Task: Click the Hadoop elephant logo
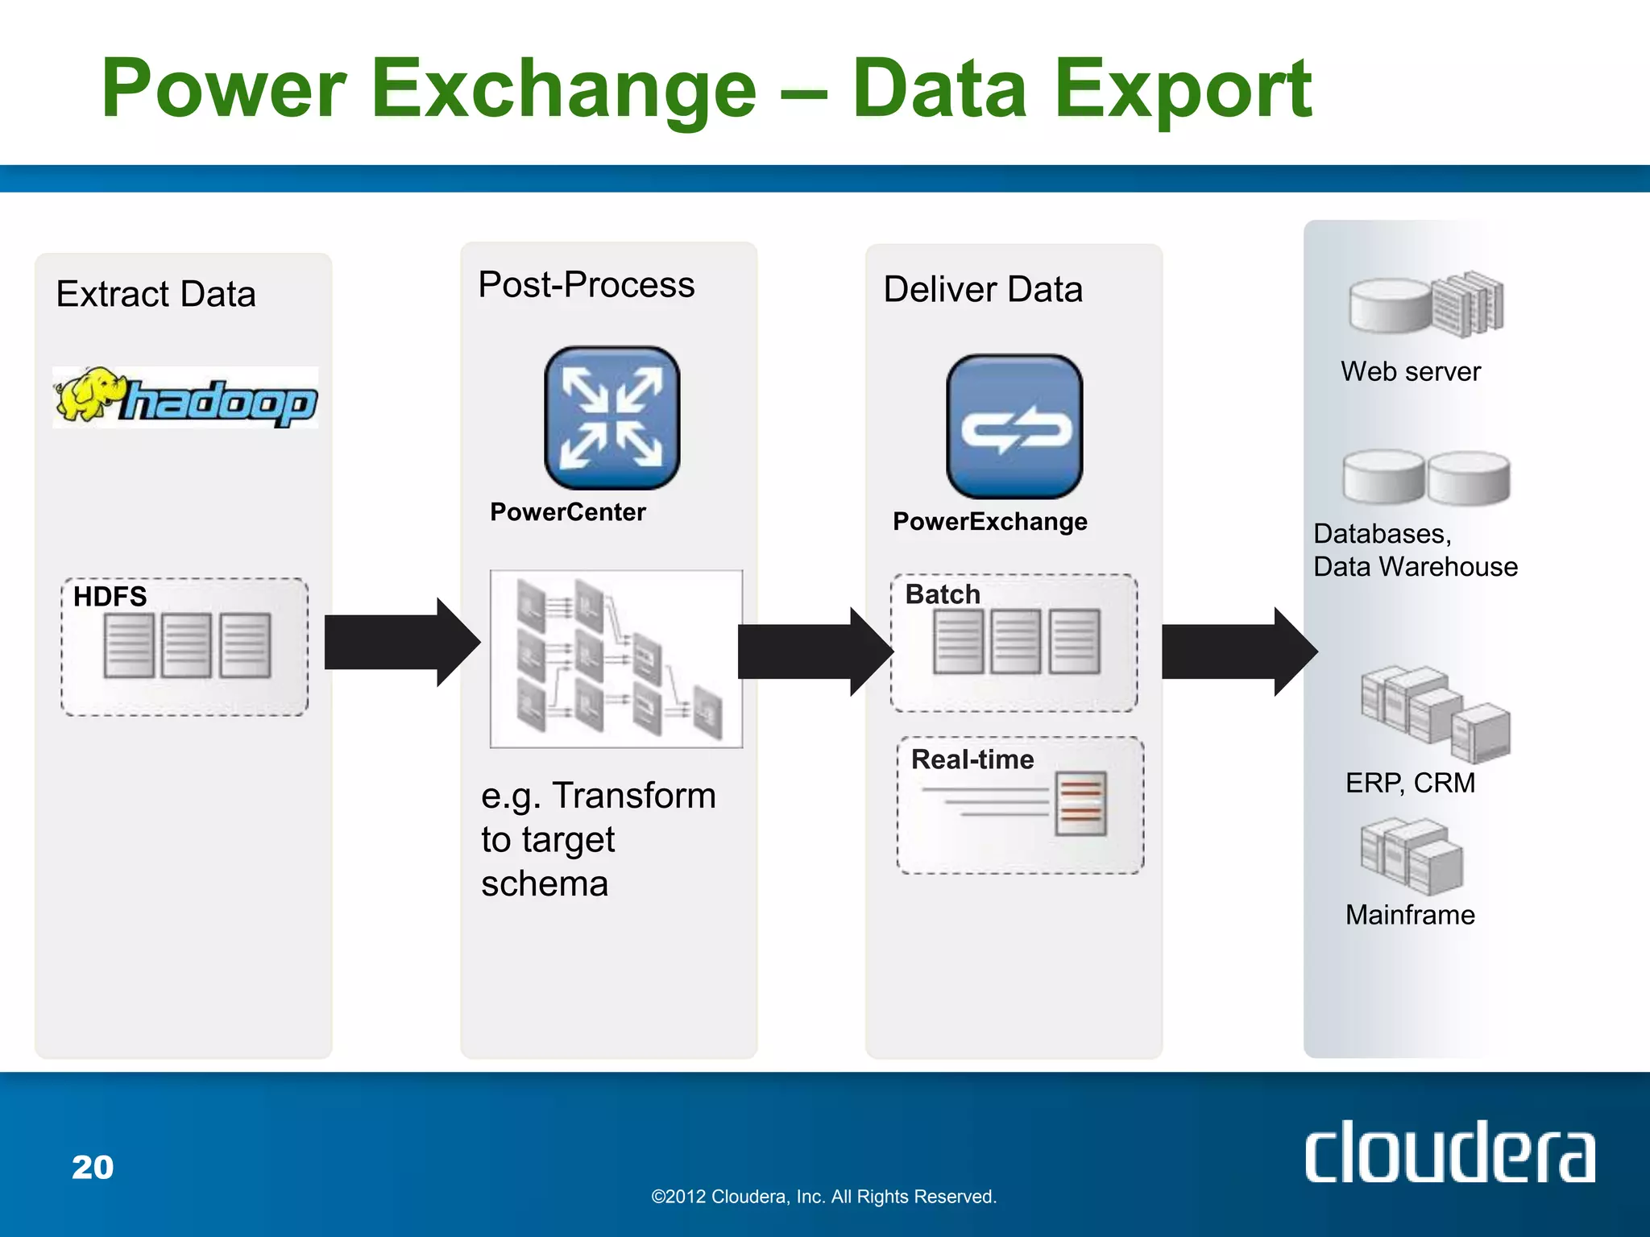[185, 397]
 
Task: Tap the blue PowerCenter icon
[611, 418]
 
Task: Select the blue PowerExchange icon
[1014, 427]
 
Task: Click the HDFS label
[110, 597]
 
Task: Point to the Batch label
[943, 594]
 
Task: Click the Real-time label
[972, 759]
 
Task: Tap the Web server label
[1410, 371]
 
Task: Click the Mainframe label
[1410, 915]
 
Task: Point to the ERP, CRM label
[1410, 783]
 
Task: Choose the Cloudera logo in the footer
[1449, 1152]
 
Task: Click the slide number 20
[93, 1167]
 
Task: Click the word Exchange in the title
[564, 89]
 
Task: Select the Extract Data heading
[155, 294]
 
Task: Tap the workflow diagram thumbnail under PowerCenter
[616, 659]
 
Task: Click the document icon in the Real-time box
[1080, 804]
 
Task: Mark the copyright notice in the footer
[823, 1197]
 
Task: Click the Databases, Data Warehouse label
[1415, 550]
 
